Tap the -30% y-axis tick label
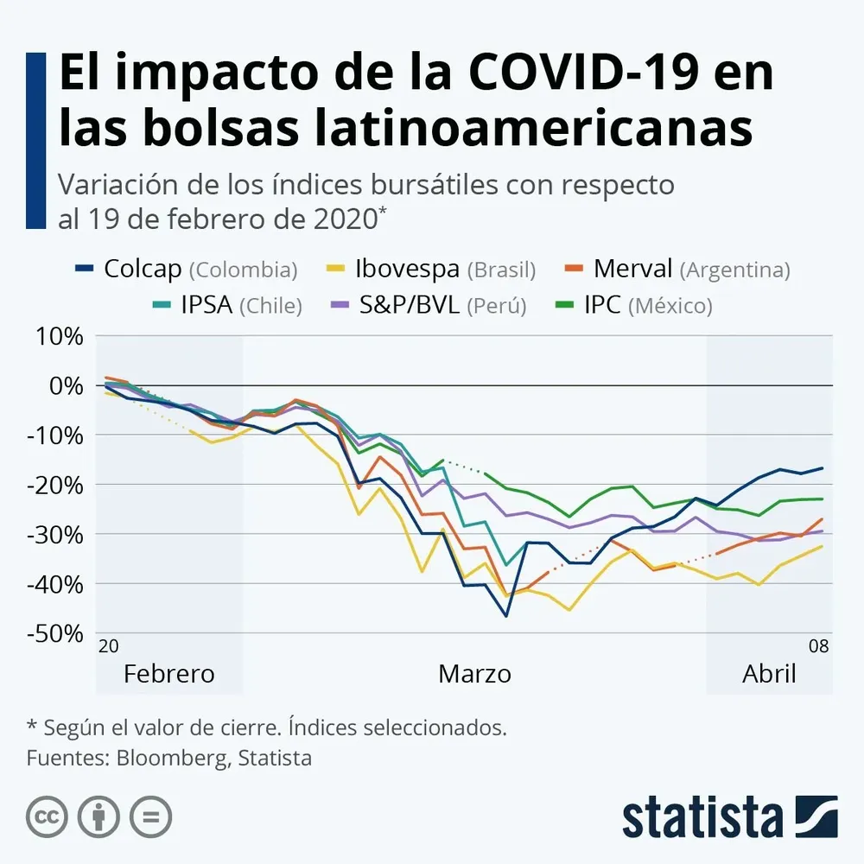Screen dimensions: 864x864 pos(55,534)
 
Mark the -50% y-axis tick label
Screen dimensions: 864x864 pos(55,633)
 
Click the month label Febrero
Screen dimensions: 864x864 pos(168,674)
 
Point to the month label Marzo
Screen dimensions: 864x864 pos(474,674)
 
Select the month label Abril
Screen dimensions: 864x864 pos(769,674)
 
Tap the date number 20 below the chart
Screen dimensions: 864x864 pos(108,646)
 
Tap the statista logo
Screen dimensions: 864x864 pos(729,816)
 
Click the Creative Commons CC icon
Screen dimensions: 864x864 pos(47,816)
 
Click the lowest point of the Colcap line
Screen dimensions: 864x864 pos(506,616)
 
